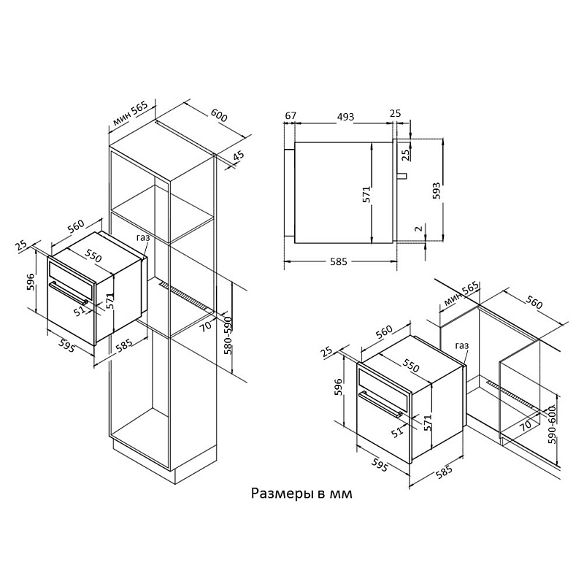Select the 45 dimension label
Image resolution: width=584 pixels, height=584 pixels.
[239, 157]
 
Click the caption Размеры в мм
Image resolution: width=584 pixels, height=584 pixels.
[301, 494]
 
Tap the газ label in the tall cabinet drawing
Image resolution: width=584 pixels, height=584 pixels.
[145, 238]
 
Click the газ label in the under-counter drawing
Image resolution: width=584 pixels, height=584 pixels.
[461, 346]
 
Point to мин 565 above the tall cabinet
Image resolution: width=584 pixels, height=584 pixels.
[130, 115]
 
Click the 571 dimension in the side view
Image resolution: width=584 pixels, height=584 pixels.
[367, 193]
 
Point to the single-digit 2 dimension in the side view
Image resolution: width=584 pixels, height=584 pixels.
[418, 228]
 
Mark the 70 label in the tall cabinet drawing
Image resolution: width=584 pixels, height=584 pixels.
[204, 326]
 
